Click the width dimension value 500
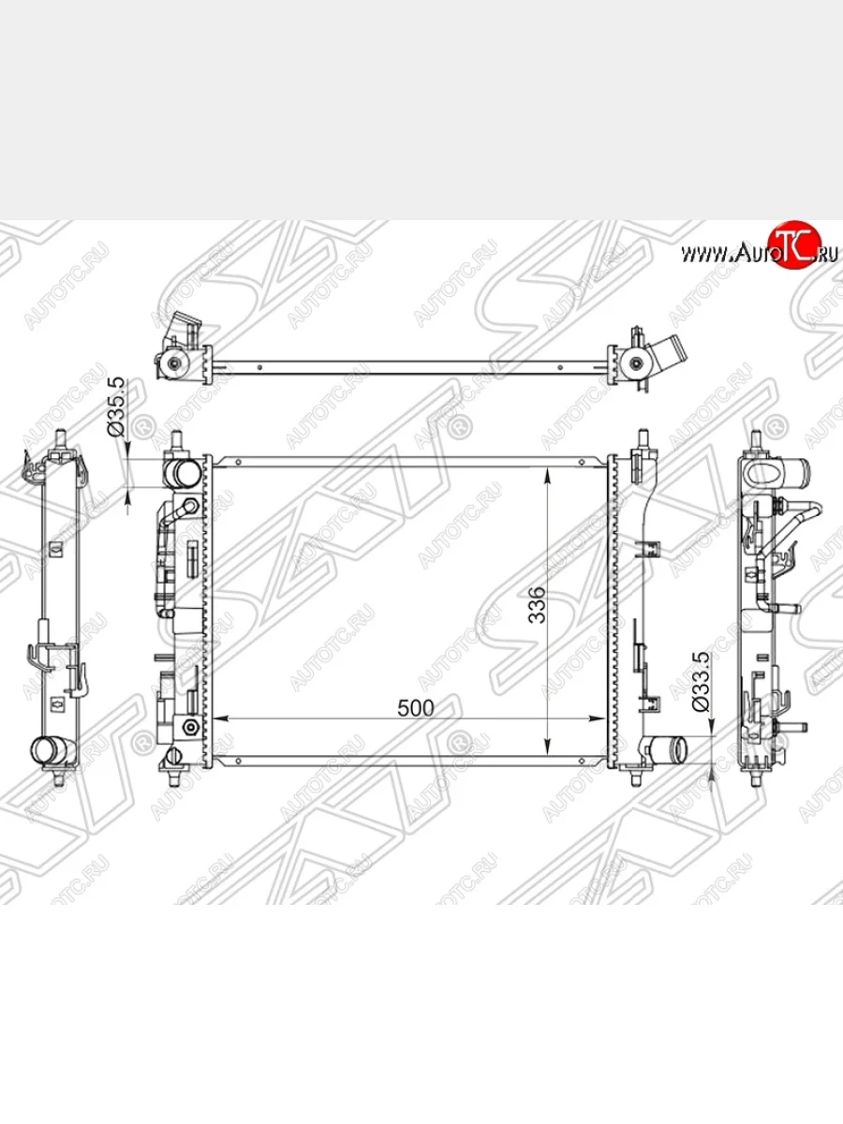[x=415, y=708]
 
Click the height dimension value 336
[x=537, y=605]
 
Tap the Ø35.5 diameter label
[x=116, y=407]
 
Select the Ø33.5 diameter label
[x=701, y=682]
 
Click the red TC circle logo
[x=793, y=244]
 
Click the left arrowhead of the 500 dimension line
[x=220, y=718]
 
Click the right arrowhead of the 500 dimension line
[x=598, y=718]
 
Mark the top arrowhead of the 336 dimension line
[x=548, y=475]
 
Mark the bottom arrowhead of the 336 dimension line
[x=548, y=747]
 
